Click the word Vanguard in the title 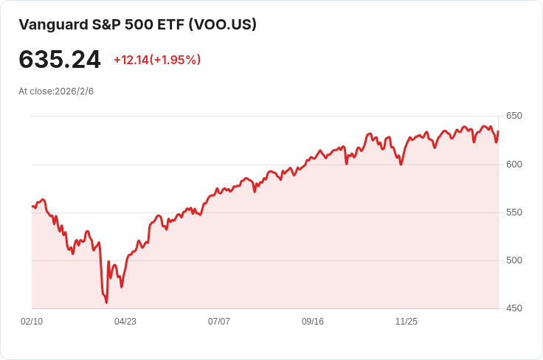click(51, 24)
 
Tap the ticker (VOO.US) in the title click(222, 24)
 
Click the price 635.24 click(60, 60)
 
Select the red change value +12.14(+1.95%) click(157, 60)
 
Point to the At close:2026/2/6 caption click(56, 91)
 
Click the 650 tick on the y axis click(514, 116)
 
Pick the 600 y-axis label click(514, 164)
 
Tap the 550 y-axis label click(514, 212)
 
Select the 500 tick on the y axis click(514, 260)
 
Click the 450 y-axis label click(514, 308)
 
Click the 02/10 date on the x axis click(32, 322)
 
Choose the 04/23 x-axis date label click(125, 322)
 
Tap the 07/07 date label click(219, 322)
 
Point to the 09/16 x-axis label click(313, 322)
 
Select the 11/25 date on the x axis click(407, 322)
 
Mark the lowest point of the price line click(106, 302)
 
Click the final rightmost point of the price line click(498, 132)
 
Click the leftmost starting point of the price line click(32, 207)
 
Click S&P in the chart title click(104, 24)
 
